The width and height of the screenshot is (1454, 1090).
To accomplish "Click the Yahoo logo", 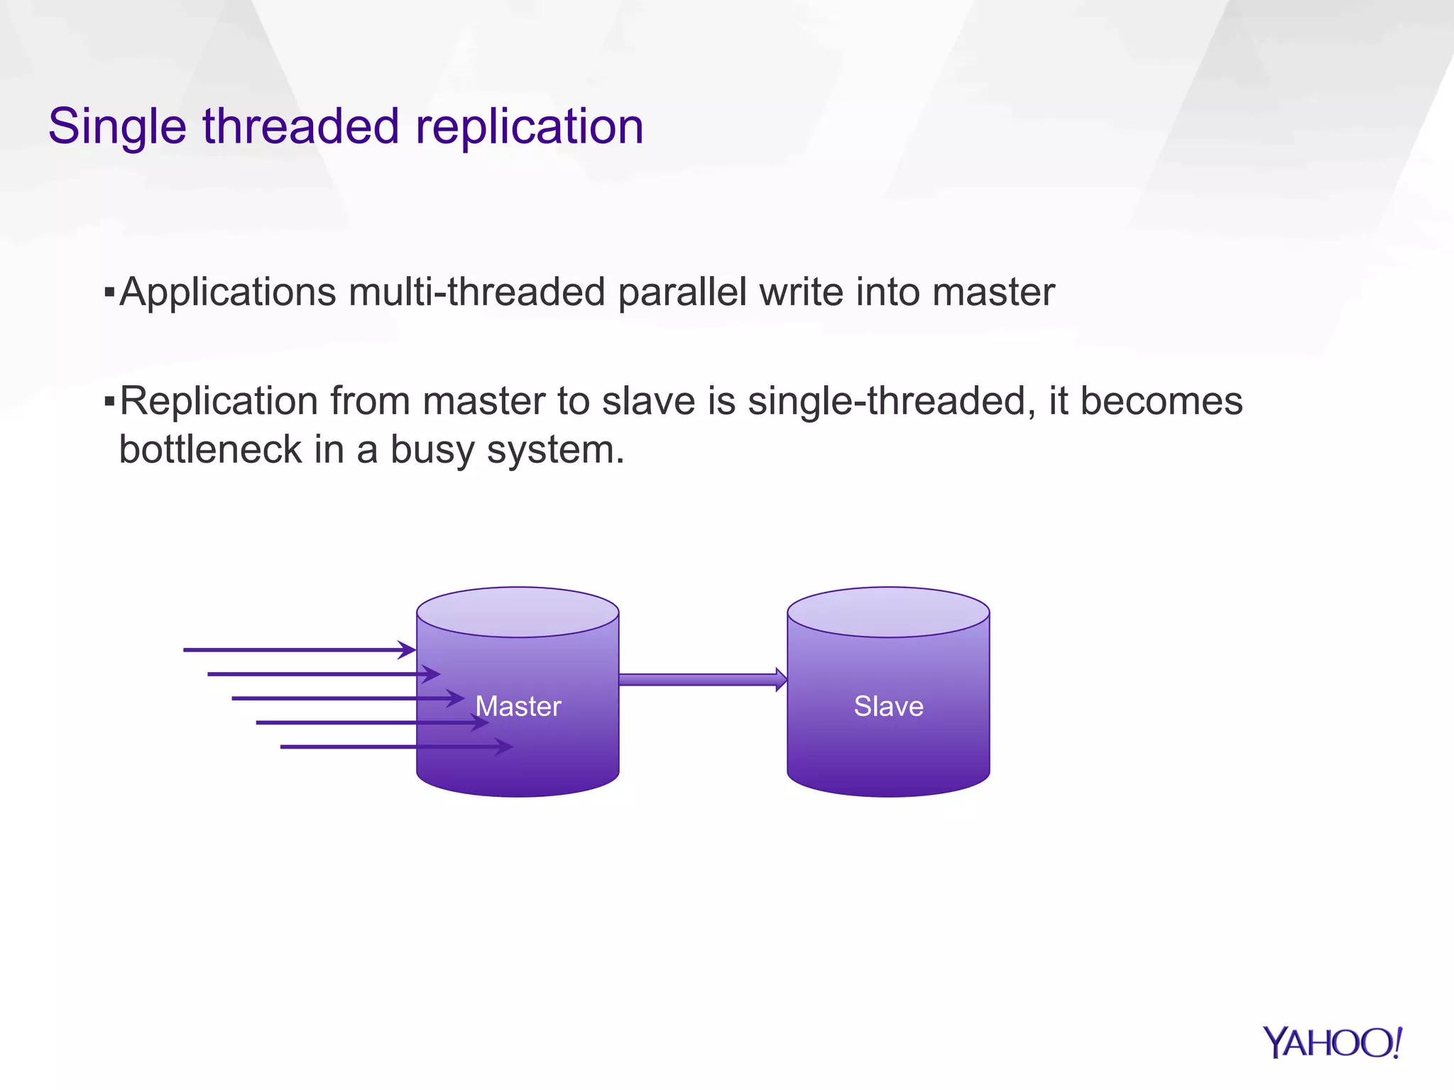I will (x=1332, y=1043).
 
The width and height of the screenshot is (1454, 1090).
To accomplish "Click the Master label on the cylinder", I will (x=518, y=706).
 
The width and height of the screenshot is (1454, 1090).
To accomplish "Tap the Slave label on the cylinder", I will (x=888, y=706).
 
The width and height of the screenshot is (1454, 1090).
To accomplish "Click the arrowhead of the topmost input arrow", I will (x=408, y=649).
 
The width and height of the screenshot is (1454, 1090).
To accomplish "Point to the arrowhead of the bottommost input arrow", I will (x=505, y=747).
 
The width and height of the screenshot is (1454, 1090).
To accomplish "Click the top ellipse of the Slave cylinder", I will (x=888, y=612).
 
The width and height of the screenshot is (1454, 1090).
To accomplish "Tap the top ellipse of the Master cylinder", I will (x=518, y=612).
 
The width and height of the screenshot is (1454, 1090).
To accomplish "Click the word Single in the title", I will (x=117, y=128).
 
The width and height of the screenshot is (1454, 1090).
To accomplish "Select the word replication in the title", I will (x=529, y=128).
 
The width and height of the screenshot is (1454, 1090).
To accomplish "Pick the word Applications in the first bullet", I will (x=228, y=292).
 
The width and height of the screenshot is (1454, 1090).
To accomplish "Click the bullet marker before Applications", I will (x=109, y=291).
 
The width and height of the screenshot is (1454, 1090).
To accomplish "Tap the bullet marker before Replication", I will (x=109, y=402).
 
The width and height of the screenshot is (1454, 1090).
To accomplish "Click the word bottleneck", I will (x=210, y=450).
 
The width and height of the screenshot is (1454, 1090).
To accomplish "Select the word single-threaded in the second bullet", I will (x=887, y=402).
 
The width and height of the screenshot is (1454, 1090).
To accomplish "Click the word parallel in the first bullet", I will (x=682, y=292).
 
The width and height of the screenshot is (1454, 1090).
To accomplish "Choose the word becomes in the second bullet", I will (x=1161, y=402).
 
